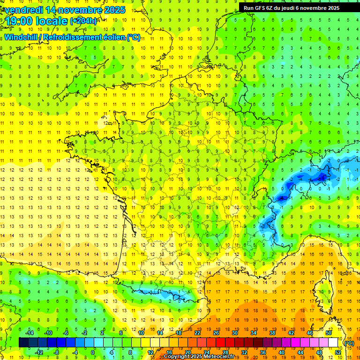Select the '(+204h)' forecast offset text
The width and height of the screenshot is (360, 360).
[x=83, y=21]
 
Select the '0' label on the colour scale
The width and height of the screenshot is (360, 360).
[x=93, y=352]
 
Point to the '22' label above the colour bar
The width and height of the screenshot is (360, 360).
[x=197, y=332]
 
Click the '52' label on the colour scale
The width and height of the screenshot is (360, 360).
[x=338, y=352]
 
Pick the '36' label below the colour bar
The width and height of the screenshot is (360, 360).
[x=262, y=352]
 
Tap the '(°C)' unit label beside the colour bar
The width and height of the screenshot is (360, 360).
[x=349, y=343]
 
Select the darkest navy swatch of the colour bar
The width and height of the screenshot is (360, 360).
[x=23, y=342]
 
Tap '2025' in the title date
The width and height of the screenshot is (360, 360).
[x=115, y=9]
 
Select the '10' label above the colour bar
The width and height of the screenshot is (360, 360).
[x=141, y=332]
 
